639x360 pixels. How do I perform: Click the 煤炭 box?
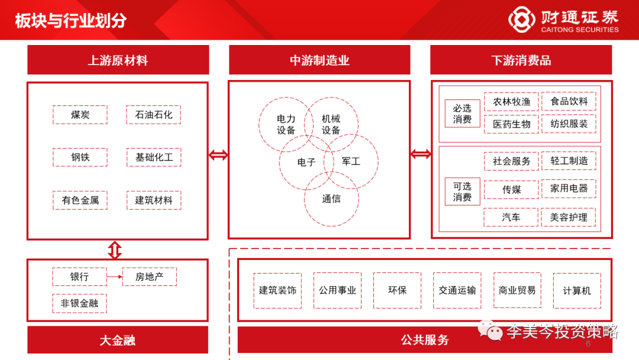pos(80,115)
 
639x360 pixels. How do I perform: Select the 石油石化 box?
pos(154,115)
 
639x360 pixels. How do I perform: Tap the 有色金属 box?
pos(80,200)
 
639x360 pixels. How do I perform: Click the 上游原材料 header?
pos(118,60)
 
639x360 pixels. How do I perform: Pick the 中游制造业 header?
pos(319,60)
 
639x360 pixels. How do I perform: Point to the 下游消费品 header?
pos(521,60)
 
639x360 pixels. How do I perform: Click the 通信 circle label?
pos(331,199)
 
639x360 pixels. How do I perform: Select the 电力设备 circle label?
pos(286,124)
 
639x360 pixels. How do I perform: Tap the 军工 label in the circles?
pos(351,161)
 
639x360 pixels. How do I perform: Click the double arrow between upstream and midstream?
pos(218,156)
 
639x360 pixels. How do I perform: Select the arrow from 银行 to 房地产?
pos(114,277)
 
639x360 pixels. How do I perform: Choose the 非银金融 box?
pos(80,303)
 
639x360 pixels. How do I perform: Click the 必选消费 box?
pos(462,114)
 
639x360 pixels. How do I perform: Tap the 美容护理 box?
pos(569,217)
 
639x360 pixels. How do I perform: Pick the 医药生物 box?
pos(511,124)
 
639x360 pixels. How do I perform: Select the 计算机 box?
pos(577,290)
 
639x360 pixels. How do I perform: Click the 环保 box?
pos(397,290)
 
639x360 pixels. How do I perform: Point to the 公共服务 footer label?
pos(424,340)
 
